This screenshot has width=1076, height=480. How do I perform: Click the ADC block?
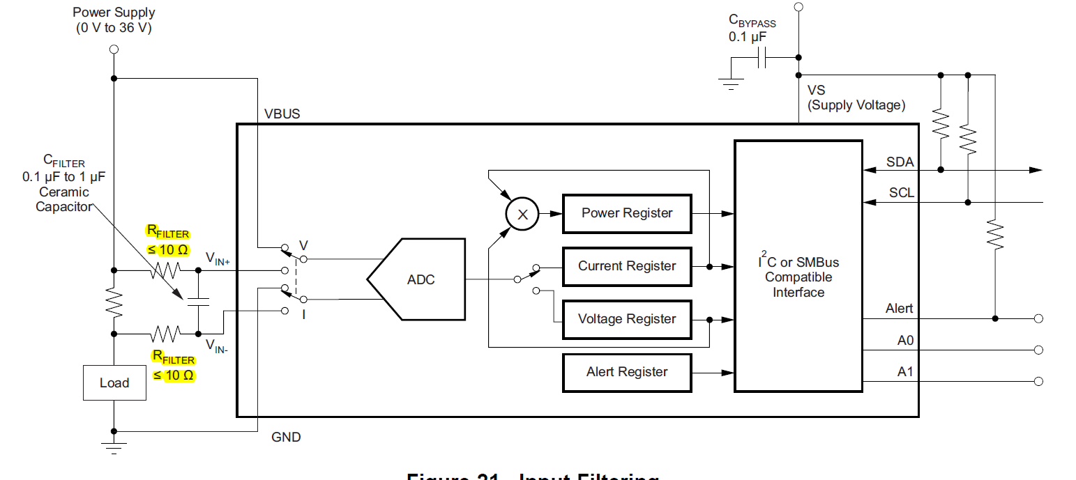pos(418,279)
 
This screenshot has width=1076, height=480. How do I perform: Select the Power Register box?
pos(627,213)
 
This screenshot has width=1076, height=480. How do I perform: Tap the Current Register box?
pos(627,266)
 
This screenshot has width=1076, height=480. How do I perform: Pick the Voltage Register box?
pos(627,319)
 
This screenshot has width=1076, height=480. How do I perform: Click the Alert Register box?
pos(627,372)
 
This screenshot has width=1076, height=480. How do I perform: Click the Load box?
pos(114,382)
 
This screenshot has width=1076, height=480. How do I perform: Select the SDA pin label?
pos(900,162)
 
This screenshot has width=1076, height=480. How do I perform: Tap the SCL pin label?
pos(901,193)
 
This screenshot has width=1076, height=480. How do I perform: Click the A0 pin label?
pos(905,341)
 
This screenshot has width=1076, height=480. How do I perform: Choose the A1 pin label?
pos(905,372)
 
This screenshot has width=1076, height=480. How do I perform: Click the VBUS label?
pos(282,114)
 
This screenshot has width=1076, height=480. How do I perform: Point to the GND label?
pos(286,438)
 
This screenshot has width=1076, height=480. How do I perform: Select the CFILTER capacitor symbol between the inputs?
pos(198,302)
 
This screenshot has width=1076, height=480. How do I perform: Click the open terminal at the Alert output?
pos(1038,318)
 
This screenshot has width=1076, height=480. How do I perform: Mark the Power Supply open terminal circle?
pos(114,49)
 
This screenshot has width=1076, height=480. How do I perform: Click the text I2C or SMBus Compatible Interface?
pos(798,277)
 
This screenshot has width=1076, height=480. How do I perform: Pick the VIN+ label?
pos(222,258)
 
